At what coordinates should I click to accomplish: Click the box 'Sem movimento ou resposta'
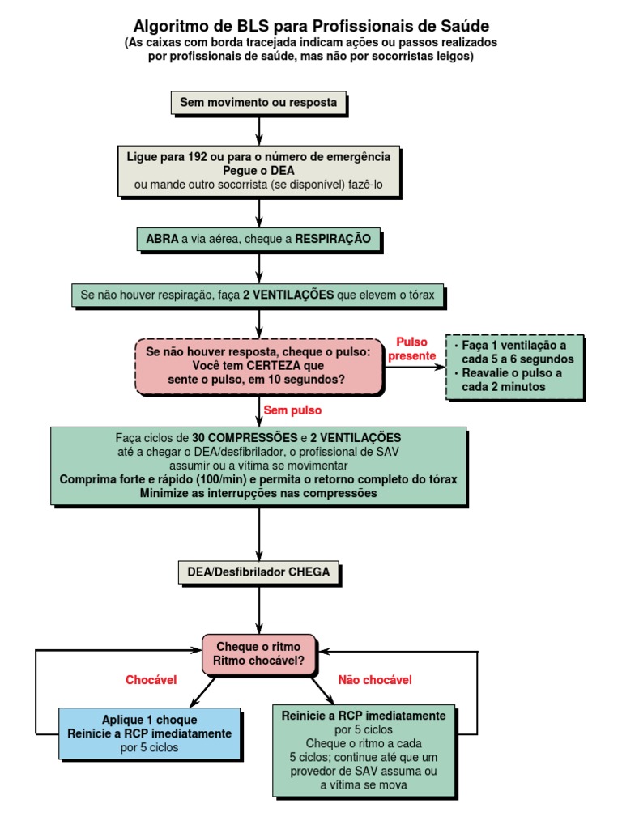(x=258, y=103)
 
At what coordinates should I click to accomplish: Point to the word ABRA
(x=162, y=239)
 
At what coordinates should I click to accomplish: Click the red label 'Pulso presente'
(x=411, y=349)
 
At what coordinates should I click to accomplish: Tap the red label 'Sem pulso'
(x=287, y=410)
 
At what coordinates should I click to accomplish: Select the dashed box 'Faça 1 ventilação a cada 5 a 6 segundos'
(x=514, y=366)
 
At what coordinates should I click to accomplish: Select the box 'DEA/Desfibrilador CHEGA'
(x=258, y=572)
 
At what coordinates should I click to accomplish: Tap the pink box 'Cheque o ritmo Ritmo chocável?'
(x=258, y=654)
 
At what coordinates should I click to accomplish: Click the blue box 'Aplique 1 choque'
(x=150, y=733)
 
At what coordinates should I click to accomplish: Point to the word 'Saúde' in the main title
(x=458, y=26)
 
